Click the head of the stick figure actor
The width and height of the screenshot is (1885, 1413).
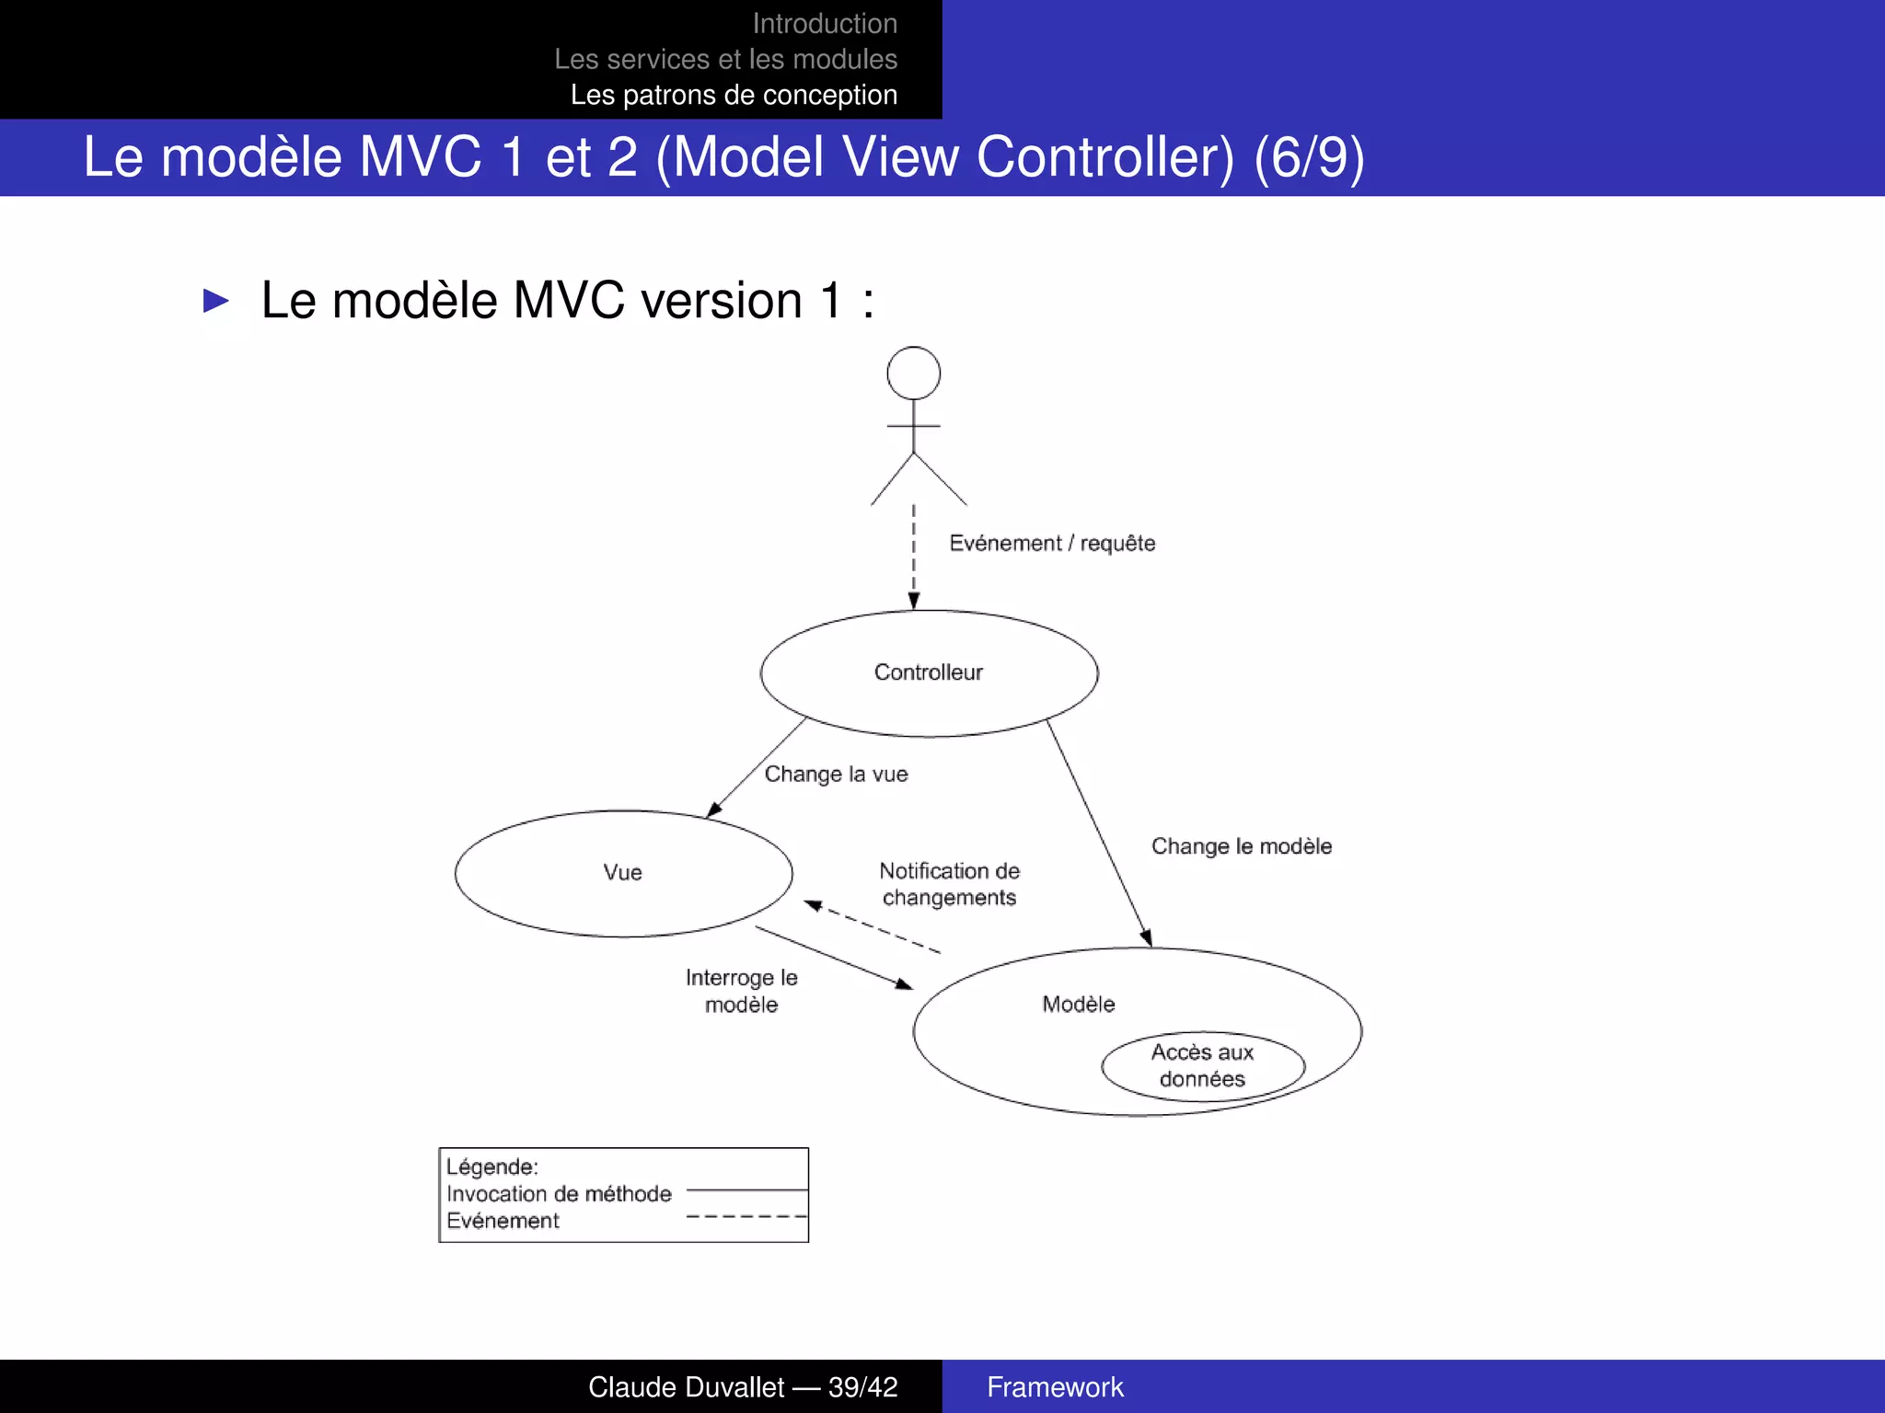913,373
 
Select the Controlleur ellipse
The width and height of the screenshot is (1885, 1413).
929,673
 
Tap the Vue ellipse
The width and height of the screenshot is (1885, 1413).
623,873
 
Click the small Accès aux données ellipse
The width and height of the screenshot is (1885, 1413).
1202,1066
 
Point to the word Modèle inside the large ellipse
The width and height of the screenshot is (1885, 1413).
1078,1005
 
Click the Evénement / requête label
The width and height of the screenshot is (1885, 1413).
1052,544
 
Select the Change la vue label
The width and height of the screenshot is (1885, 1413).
836,775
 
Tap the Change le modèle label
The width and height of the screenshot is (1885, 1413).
1241,846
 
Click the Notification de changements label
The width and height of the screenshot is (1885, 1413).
949,884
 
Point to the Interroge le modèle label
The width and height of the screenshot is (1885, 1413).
741,991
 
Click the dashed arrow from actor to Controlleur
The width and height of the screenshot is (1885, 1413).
913,557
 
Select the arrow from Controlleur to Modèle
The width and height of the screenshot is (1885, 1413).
1099,833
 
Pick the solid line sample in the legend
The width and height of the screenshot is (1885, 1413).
746,1190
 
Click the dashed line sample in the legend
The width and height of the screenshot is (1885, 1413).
746,1217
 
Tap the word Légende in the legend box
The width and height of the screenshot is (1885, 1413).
491,1167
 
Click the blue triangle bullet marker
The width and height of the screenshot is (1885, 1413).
216,301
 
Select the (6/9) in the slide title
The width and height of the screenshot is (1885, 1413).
1309,157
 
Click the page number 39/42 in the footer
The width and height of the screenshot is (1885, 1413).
862,1387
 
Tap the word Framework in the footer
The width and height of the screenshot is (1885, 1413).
1055,1387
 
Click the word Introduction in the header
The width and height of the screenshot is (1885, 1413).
825,24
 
